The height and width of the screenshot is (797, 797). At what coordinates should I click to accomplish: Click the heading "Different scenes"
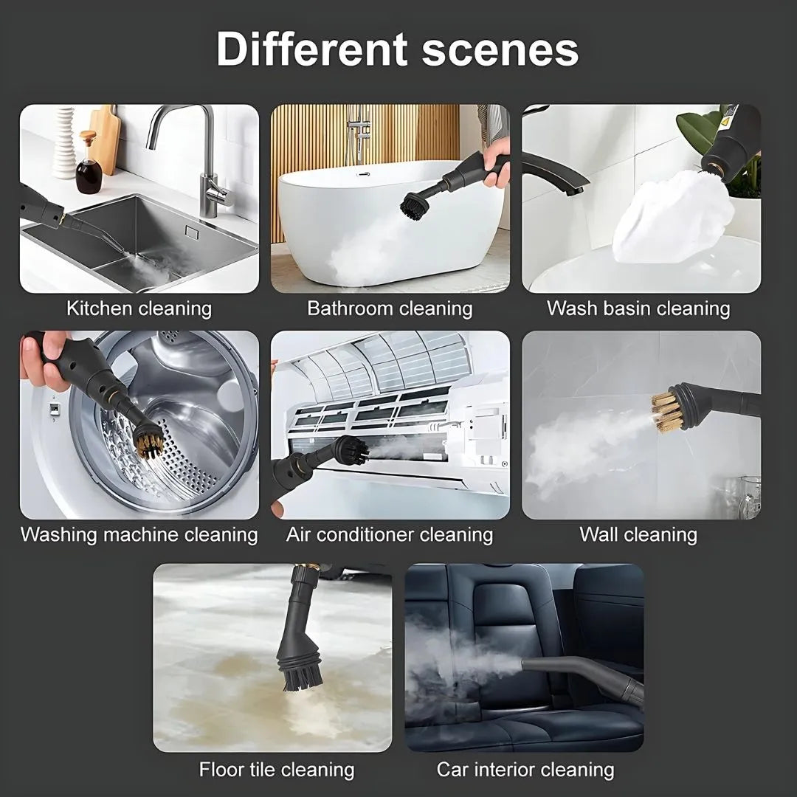398,49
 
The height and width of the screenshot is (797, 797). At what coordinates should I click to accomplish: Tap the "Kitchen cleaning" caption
139,308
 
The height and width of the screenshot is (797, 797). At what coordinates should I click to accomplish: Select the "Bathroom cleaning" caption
390,308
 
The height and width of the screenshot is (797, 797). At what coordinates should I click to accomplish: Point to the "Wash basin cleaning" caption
638,308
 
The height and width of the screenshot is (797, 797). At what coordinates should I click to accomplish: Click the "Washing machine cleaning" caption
139,535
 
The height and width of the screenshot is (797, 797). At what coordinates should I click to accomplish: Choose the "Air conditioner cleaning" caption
390,535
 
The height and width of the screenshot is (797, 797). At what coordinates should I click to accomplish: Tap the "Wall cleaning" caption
638,535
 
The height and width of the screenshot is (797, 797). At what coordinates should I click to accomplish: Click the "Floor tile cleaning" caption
277,770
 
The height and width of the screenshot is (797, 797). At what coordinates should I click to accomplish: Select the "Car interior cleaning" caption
525,770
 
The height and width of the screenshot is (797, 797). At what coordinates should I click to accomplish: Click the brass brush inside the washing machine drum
148,439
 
